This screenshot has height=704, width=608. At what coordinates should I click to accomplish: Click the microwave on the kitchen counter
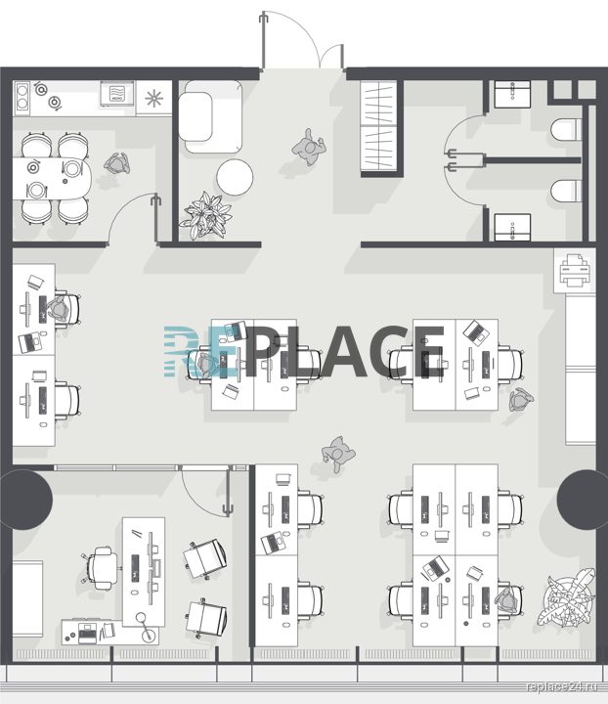tap(117, 94)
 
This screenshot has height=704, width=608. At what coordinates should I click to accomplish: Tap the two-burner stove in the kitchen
tap(22, 98)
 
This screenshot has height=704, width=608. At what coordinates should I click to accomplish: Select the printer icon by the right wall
tap(575, 270)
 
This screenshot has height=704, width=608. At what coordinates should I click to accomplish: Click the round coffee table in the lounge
tap(235, 177)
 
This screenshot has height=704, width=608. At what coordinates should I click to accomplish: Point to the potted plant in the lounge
tap(206, 215)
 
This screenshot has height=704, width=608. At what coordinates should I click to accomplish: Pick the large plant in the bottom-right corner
tap(567, 598)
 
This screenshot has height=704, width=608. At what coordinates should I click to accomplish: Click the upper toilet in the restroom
tap(566, 129)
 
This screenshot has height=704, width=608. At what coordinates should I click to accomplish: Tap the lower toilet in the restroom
tap(566, 191)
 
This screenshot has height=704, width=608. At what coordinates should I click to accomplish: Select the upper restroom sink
tap(512, 94)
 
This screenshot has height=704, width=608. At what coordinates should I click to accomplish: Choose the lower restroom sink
tap(512, 227)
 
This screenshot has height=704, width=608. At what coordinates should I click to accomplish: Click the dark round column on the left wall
tap(26, 500)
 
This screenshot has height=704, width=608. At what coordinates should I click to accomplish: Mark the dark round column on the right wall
tap(583, 500)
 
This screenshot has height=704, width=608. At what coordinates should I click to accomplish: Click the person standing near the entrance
tap(309, 148)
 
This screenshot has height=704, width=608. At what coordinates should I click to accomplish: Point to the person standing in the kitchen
tap(117, 163)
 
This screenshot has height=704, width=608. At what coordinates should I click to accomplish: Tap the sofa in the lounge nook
tap(210, 116)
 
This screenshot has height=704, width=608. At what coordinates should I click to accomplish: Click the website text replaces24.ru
tap(563, 686)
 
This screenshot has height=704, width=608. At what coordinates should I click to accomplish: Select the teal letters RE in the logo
tap(200, 351)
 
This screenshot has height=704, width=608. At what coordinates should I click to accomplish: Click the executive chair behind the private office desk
tap(103, 568)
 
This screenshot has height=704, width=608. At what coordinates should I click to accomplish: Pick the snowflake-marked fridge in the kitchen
tap(153, 98)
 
